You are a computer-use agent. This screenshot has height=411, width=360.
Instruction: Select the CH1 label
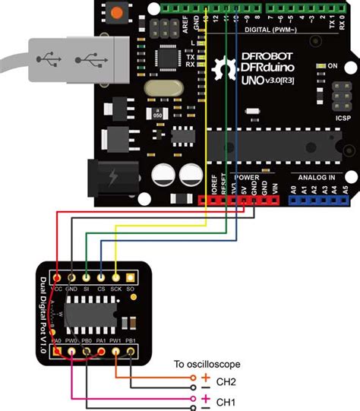tap(226, 401)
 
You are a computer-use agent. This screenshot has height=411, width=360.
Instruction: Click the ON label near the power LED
tap(331, 67)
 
